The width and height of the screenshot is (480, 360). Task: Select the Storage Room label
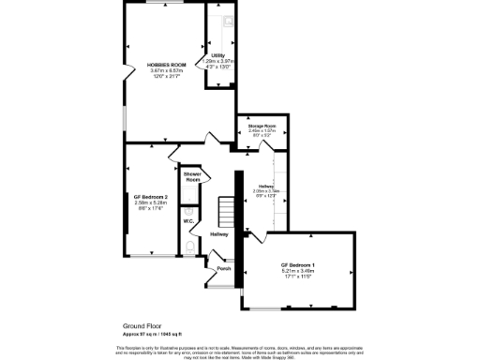tap(261, 125)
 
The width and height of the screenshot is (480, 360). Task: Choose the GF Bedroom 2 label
tap(150, 196)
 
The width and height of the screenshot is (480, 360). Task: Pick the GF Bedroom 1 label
tap(296, 265)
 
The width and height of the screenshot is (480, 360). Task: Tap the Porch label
tap(223, 269)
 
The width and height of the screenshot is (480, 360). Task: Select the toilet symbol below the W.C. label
tap(191, 247)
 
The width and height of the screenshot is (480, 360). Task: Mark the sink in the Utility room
tap(227, 21)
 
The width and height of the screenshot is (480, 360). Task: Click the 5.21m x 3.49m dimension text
tap(296, 271)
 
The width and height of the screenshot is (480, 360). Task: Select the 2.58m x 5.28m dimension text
tap(150, 202)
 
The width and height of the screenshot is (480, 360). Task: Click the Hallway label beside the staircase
tap(219, 233)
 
